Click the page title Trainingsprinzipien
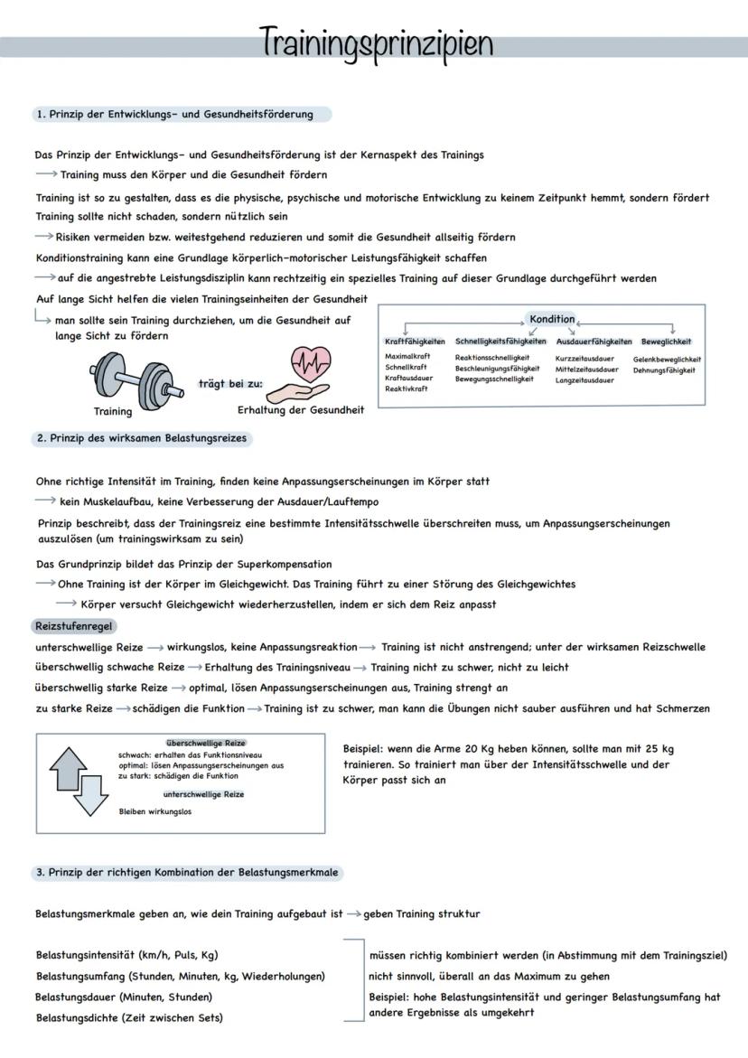tap(376, 42)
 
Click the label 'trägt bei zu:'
tap(230, 383)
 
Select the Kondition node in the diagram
tap(551, 319)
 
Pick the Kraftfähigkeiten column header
tap(415, 342)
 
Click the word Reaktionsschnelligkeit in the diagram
tap(492, 359)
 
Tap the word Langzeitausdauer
tap(584, 380)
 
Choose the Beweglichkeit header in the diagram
tap(666, 342)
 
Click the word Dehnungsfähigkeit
tap(664, 370)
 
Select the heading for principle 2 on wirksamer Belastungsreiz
tap(142, 438)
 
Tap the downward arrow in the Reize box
tap(90, 795)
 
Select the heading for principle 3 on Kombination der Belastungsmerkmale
tap(187, 873)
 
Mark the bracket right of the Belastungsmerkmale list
tap(354, 980)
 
